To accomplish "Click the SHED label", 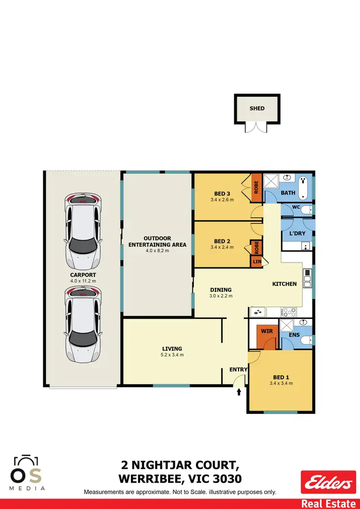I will pos(257,108).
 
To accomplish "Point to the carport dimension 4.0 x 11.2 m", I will pos(84,281).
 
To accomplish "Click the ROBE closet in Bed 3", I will pos(256,187).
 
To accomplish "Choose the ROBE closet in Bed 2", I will pos(256,247).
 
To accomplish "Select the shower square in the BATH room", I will pos(272,181).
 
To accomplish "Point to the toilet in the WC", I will pos(308,210).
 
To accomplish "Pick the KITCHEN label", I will pos(285,284).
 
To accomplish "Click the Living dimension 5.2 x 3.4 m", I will pos(172,355).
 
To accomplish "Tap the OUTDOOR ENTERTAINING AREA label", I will pos(157,241).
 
